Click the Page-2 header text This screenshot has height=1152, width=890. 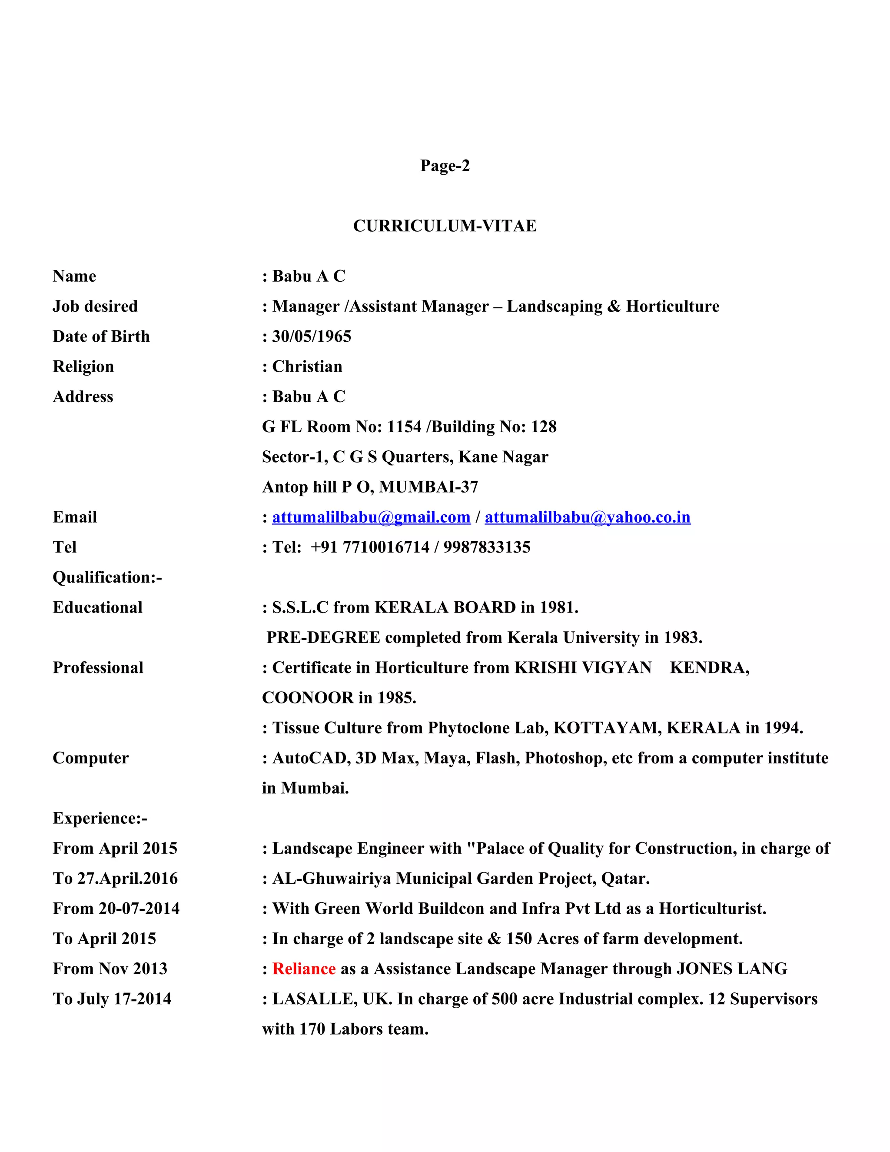coord(445,166)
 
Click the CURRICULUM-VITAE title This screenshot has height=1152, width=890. coord(445,226)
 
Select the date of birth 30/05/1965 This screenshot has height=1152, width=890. coord(311,336)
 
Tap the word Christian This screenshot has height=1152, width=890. coord(307,366)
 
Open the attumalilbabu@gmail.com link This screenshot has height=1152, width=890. coord(371,517)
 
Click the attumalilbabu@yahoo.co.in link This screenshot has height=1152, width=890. coord(588,517)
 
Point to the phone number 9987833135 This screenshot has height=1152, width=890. coord(487,547)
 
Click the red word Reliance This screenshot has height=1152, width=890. coord(304,969)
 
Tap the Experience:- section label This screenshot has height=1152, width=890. coord(100,818)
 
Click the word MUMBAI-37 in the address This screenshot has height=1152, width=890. coord(428,487)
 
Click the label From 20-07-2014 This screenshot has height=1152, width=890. coord(116,909)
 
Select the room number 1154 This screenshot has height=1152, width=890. coord(404,427)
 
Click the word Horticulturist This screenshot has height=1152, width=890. coord(712,909)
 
